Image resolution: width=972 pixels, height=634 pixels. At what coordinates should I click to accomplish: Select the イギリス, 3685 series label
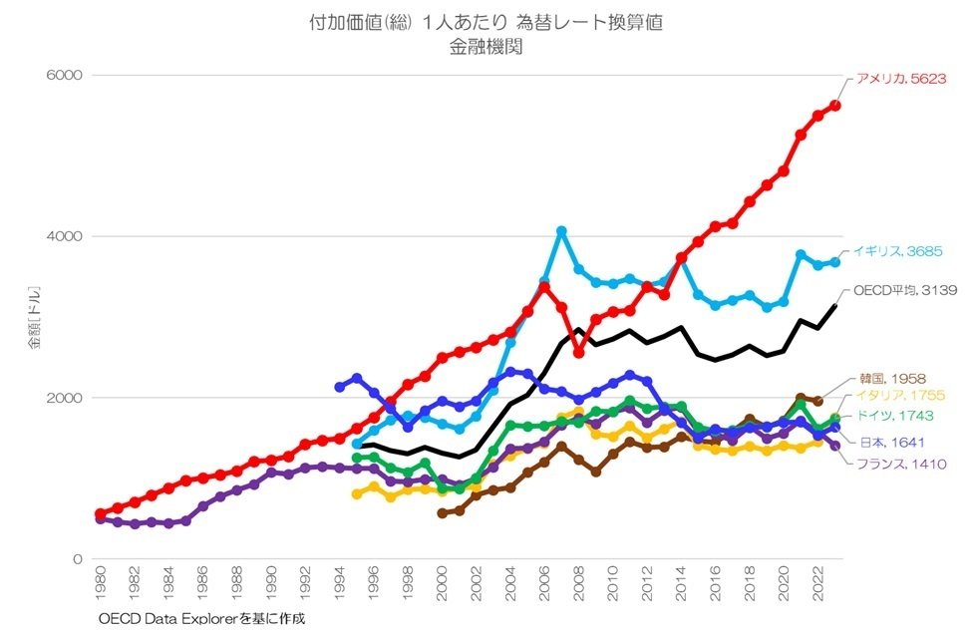click(898, 251)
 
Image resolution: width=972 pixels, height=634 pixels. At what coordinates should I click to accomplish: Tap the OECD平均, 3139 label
click(906, 290)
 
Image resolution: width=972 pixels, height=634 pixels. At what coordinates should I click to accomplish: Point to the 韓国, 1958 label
click(892, 379)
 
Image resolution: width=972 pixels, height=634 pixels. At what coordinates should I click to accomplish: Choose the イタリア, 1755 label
click(901, 396)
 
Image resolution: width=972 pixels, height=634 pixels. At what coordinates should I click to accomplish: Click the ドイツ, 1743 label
click(899, 415)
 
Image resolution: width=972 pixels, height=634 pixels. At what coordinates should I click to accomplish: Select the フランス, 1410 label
click(894, 463)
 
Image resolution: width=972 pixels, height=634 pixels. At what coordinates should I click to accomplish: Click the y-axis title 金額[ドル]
click(35, 318)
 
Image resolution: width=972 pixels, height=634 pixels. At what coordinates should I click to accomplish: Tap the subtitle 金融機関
click(486, 45)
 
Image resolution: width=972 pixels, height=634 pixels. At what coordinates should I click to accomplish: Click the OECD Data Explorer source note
click(200, 619)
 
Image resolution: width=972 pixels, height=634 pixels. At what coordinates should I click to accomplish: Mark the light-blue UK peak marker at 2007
click(561, 231)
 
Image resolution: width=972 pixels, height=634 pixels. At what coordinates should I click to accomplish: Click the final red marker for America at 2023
click(835, 106)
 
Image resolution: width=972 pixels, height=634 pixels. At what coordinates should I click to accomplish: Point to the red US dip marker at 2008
click(578, 353)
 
